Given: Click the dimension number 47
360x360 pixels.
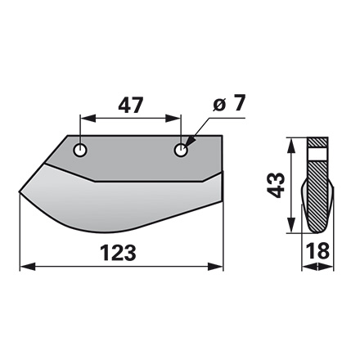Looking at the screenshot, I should coord(132,105).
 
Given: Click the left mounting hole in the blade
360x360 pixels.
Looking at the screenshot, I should coord(80,151).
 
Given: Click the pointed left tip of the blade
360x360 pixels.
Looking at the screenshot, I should coord(20,193).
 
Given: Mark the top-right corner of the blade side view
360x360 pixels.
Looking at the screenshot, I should coord(222,136).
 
